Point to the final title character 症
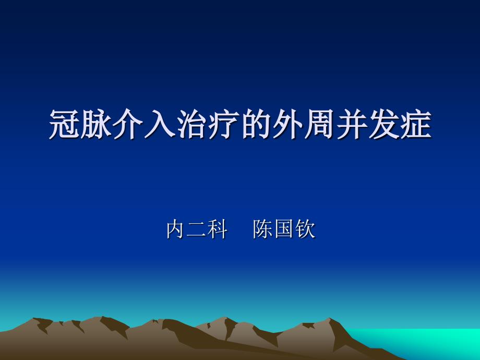pyautogui.click(x=416, y=124)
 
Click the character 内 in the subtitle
pyautogui.click(x=175, y=229)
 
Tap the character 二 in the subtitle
pyautogui.click(x=196, y=229)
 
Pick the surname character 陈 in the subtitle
pyautogui.click(x=263, y=229)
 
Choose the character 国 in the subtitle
pyautogui.click(x=284, y=229)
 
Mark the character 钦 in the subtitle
pyautogui.click(x=305, y=229)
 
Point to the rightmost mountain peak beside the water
pyautogui.click(x=329, y=319)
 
